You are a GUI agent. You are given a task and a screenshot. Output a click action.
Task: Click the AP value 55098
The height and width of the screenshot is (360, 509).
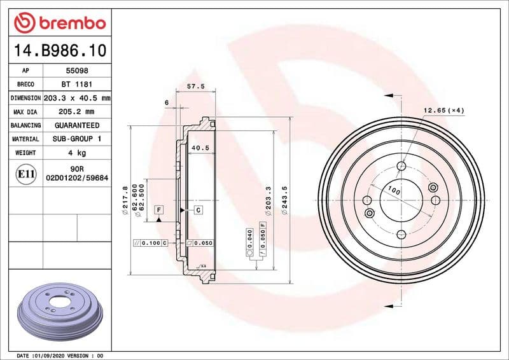click(x=73, y=71)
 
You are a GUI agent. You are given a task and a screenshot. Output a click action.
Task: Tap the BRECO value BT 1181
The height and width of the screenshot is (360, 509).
click(x=74, y=85)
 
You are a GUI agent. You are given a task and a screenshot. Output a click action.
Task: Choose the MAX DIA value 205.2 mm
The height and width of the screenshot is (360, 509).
click(x=74, y=112)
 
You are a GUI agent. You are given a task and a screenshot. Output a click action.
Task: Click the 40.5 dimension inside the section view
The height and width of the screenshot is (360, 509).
click(x=200, y=148)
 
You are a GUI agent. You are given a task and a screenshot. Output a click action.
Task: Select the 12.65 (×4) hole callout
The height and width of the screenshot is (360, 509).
click(x=443, y=111)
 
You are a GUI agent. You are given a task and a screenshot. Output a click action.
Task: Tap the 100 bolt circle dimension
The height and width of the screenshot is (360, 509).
click(x=394, y=191)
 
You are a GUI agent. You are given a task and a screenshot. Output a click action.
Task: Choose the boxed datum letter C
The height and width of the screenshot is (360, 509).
click(x=198, y=210)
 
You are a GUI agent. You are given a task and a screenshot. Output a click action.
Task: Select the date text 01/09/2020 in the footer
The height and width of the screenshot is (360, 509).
click(x=50, y=355)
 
